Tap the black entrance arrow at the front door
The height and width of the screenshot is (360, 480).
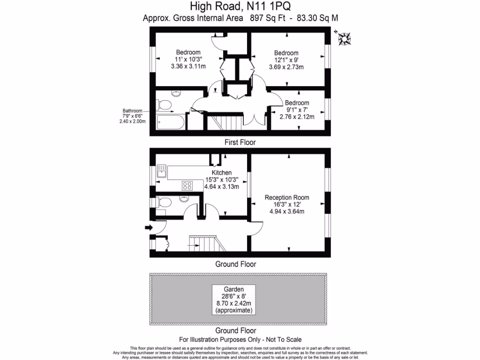(149, 228)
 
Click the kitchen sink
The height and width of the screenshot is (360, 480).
(162, 172)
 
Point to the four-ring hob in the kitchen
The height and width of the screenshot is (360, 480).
(187, 186)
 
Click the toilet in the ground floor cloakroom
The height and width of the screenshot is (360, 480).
(163, 202)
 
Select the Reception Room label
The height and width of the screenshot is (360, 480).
(286, 197)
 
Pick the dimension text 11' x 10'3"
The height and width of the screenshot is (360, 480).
(188, 60)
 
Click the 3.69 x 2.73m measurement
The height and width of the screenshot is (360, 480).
(286, 67)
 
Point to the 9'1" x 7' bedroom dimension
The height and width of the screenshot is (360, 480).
(297, 110)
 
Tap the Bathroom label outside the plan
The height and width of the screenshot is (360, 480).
(132, 111)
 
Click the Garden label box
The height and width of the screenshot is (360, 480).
(233, 299)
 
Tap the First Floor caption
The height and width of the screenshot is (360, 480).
(240, 142)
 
